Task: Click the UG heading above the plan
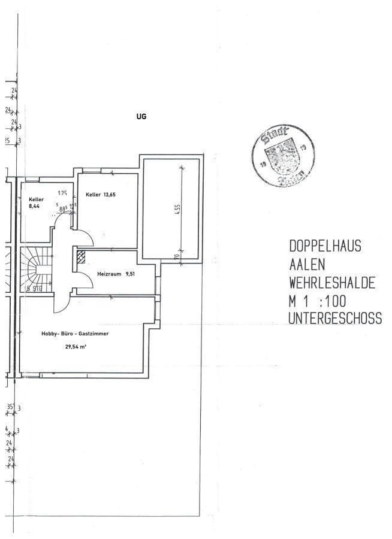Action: [x=141, y=117]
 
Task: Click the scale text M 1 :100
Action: [x=318, y=301]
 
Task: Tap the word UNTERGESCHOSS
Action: [x=334, y=319]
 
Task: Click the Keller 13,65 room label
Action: [x=101, y=195]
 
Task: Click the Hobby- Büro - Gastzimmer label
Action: [x=75, y=334]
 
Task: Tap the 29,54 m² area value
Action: [x=76, y=346]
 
